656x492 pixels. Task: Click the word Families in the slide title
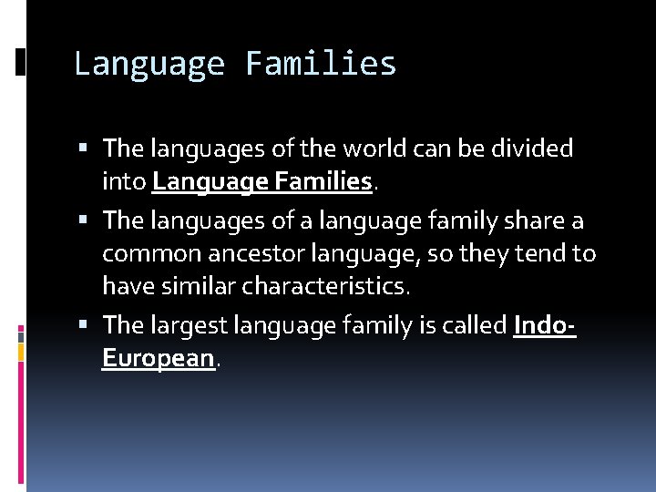(x=321, y=64)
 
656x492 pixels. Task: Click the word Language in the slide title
(x=149, y=64)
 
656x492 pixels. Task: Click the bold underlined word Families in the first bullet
(x=321, y=182)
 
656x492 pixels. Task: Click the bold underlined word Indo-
(x=545, y=324)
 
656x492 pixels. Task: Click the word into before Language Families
(x=124, y=182)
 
